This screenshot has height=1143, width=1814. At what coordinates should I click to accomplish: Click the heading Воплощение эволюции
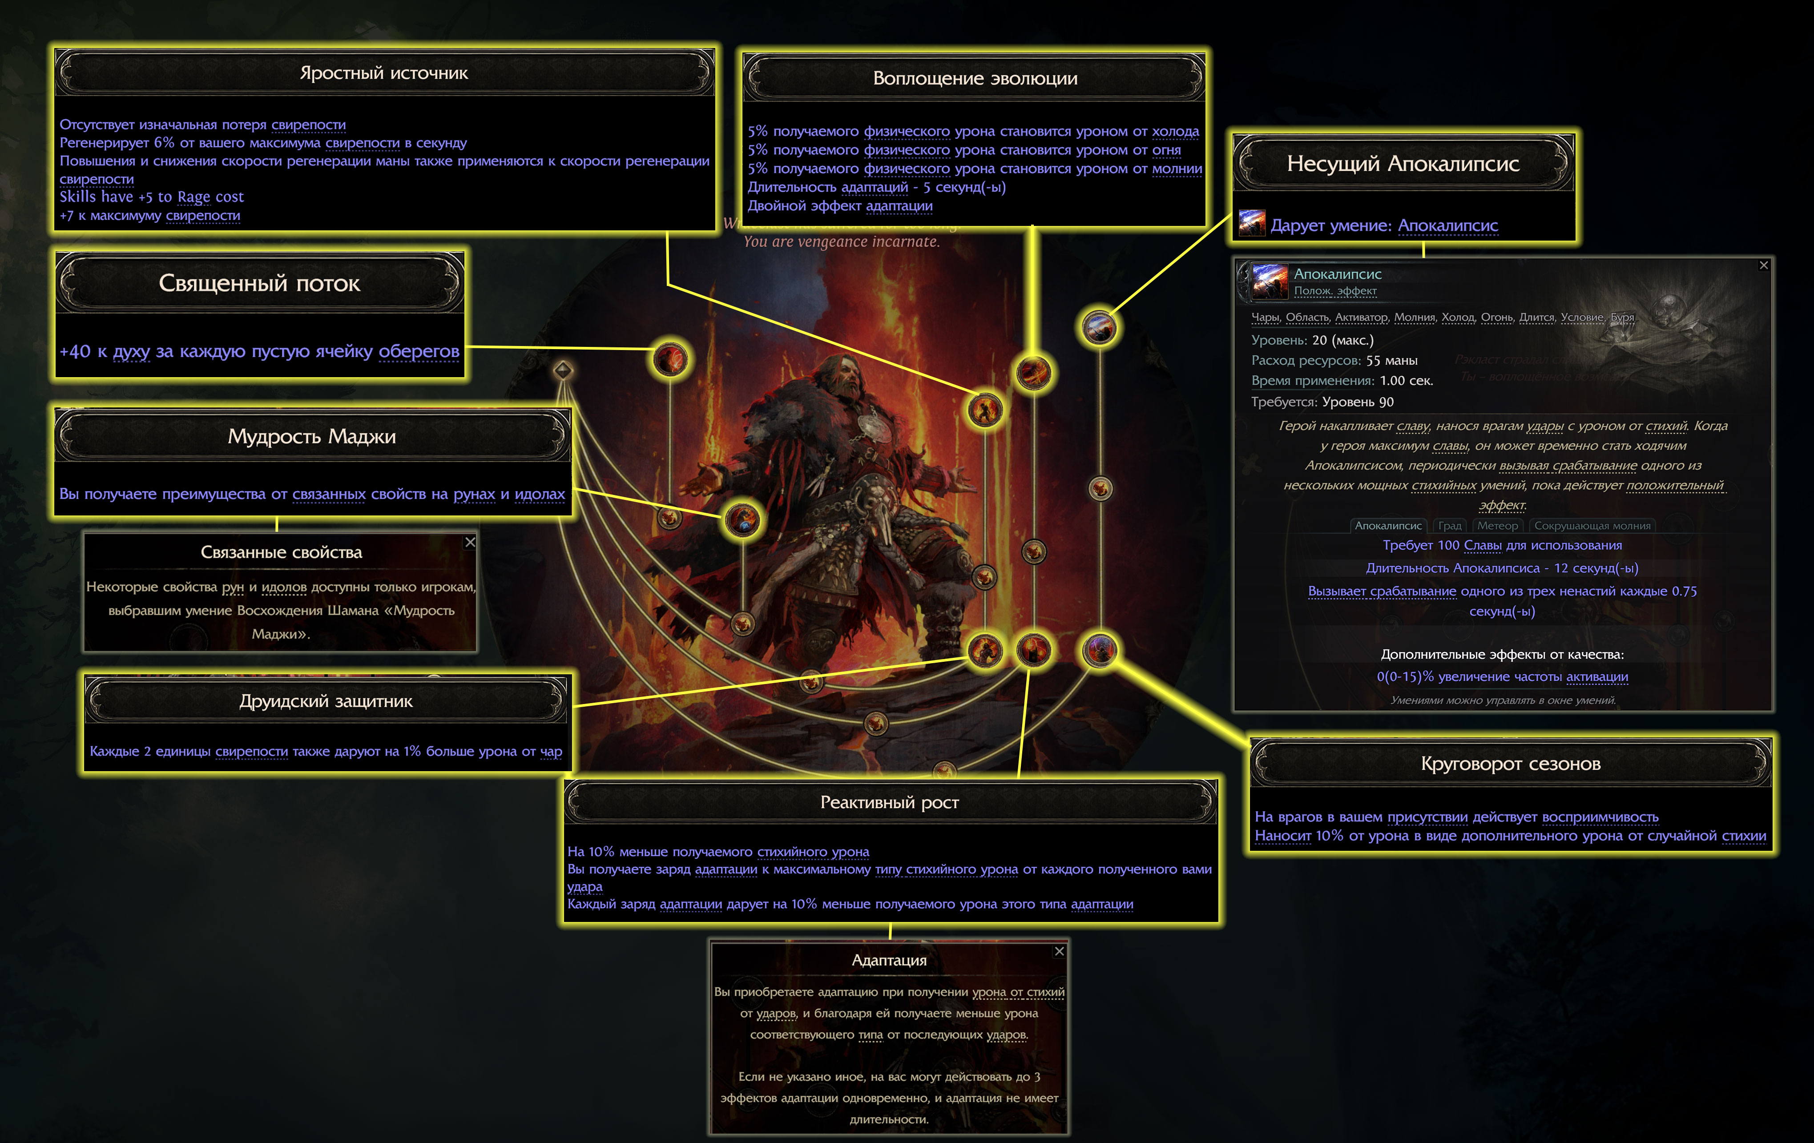click(975, 78)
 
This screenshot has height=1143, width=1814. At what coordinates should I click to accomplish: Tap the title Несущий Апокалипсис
click(1403, 163)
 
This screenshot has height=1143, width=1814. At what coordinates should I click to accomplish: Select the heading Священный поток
click(259, 283)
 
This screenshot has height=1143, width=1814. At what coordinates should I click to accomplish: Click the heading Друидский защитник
click(326, 701)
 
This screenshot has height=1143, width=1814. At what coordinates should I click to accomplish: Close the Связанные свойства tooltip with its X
click(470, 542)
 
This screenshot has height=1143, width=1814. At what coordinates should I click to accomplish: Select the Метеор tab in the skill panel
click(1497, 526)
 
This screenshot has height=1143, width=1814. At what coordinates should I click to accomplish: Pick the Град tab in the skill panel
click(1449, 526)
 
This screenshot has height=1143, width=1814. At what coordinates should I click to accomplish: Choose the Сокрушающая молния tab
click(1592, 526)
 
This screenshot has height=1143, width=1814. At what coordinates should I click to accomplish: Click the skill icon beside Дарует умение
click(1252, 224)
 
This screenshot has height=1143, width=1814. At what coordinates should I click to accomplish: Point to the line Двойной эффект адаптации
click(839, 205)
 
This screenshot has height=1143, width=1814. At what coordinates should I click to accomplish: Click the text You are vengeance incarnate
click(842, 241)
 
